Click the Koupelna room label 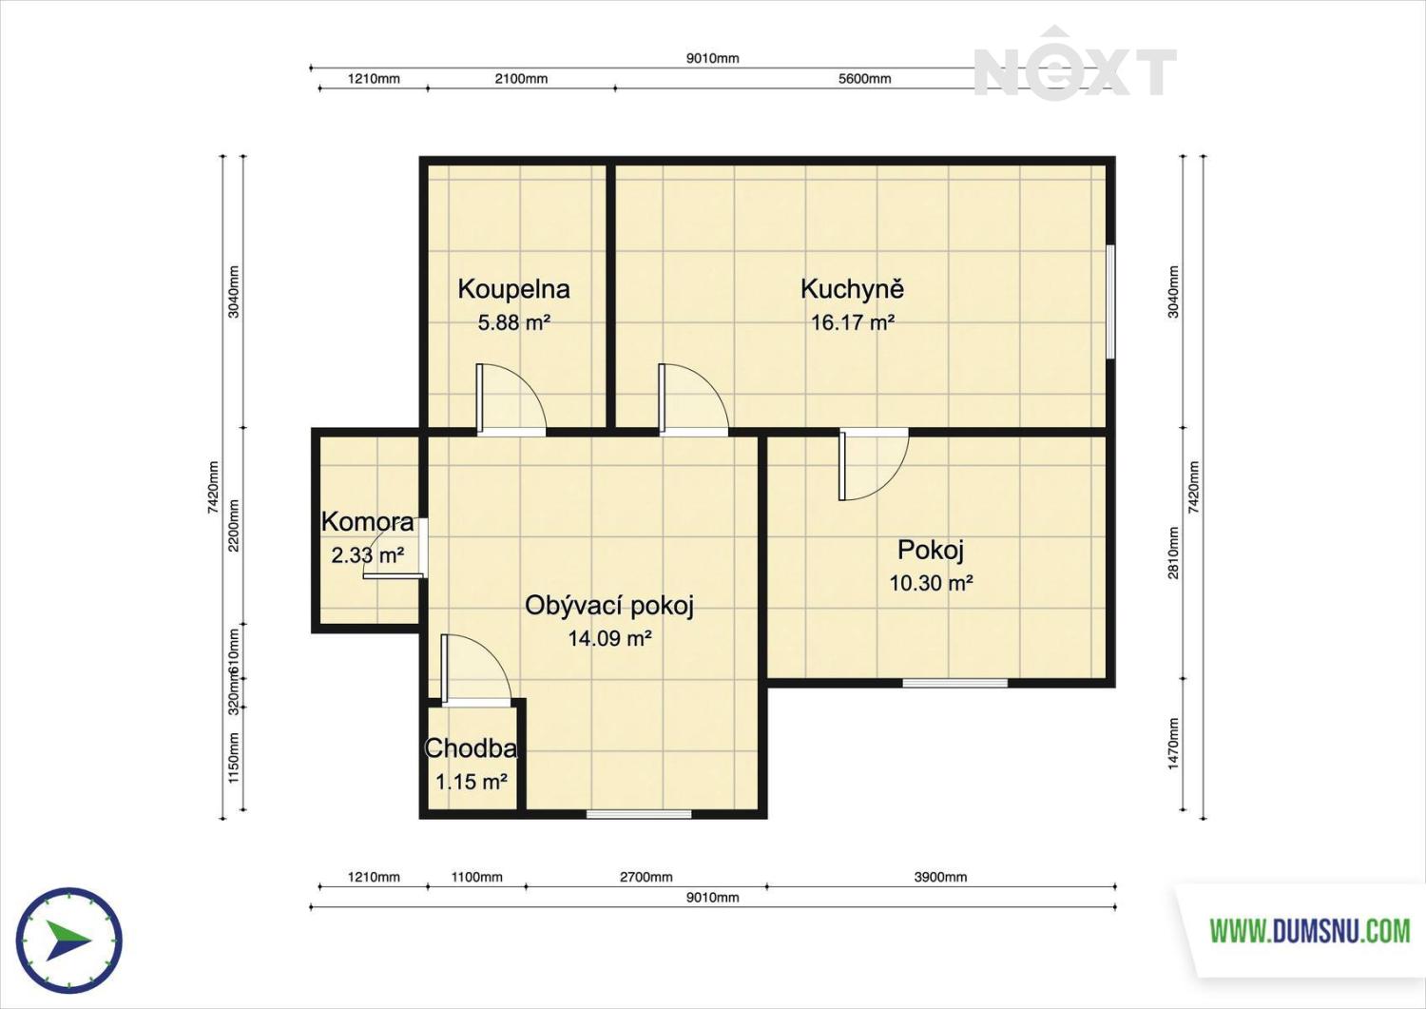coord(513,289)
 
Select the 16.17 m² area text coord(853,322)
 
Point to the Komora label coord(367,522)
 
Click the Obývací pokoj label coord(608,606)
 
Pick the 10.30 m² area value coord(931,583)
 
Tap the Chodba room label coord(471,748)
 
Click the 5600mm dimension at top coord(864,79)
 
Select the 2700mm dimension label coord(646,877)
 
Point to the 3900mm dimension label coord(940,877)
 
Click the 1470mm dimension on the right coord(1173,744)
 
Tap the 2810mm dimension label coord(1173,553)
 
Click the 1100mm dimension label coord(477,877)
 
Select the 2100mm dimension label coord(521,79)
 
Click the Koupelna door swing coord(511,399)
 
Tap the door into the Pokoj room coord(874,464)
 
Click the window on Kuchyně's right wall coord(1110,301)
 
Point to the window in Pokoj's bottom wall coord(954,683)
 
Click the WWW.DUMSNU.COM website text coord(1310,931)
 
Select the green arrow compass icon coord(69,941)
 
